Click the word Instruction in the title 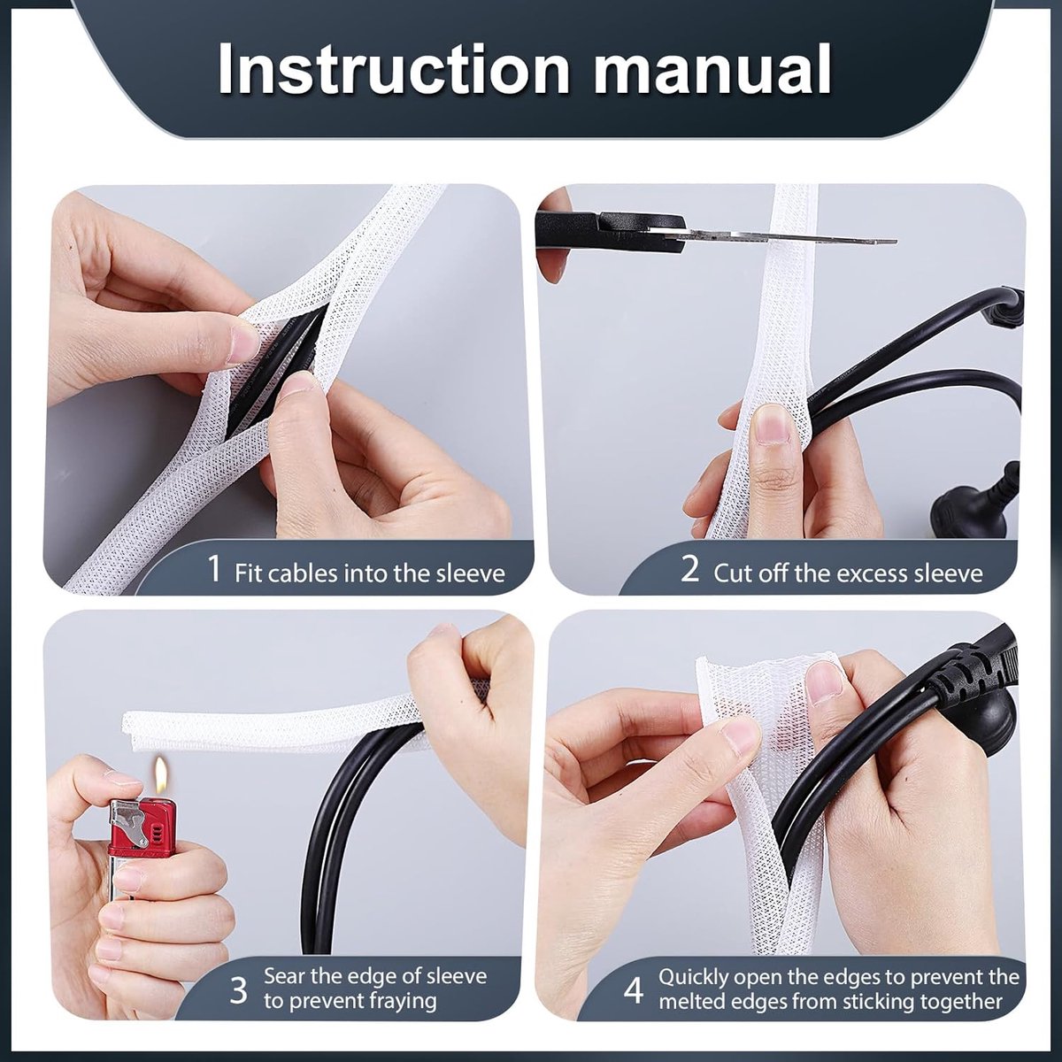(x=394, y=70)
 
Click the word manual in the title (x=712, y=70)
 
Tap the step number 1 (x=215, y=568)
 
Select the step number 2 (x=689, y=568)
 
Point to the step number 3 (x=238, y=990)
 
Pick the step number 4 (x=634, y=990)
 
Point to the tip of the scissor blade (x=896, y=242)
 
